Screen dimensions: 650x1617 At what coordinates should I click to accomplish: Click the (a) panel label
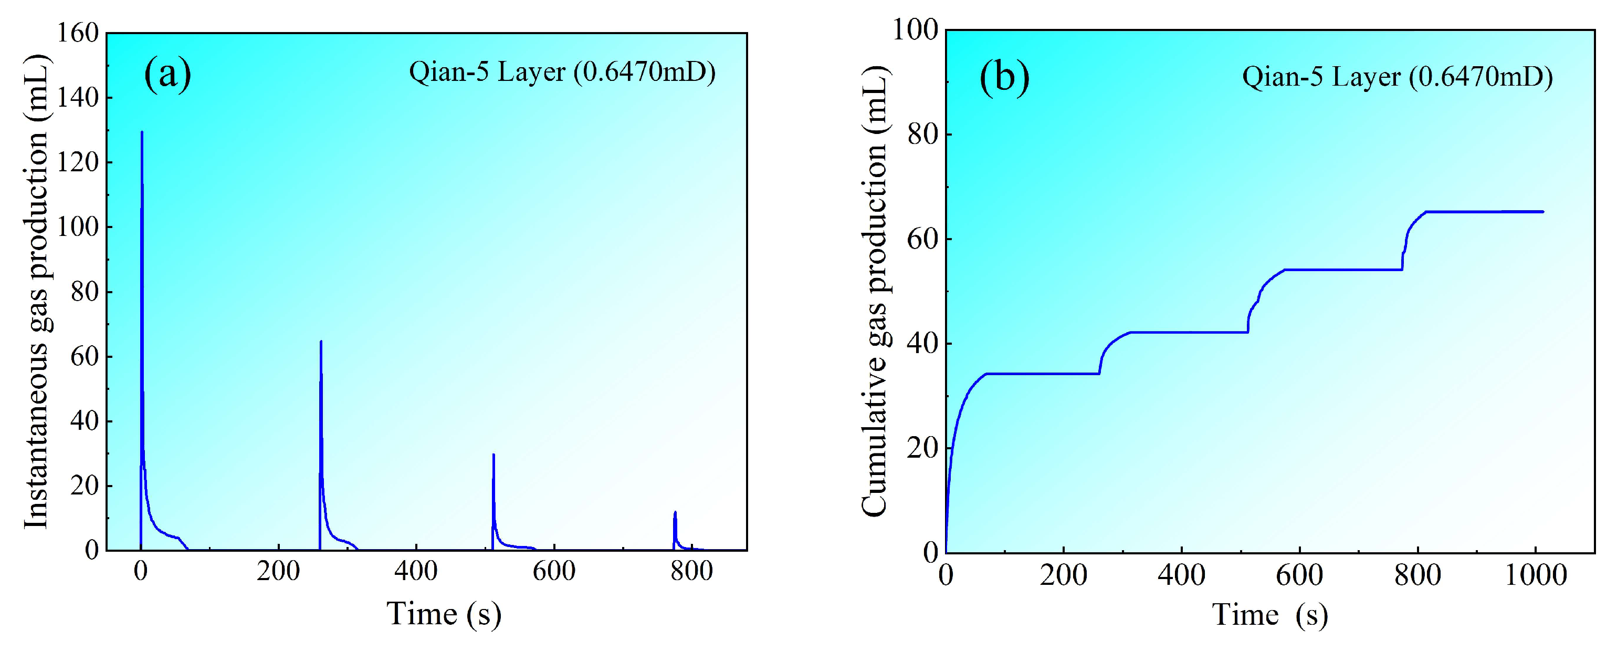point(167,74)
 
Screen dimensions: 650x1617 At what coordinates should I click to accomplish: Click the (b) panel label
point(1004,78)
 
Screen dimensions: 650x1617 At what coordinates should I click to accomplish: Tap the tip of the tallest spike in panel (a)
point(142,132)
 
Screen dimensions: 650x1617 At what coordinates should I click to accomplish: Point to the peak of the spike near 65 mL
point(321,342)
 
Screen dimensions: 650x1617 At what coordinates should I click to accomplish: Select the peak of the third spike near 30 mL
point(493,455)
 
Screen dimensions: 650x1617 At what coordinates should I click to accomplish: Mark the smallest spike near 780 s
point(675,512)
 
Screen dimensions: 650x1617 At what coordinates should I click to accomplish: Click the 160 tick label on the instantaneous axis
point(78,33)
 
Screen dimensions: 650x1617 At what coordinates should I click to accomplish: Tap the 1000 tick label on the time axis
point(1536,575)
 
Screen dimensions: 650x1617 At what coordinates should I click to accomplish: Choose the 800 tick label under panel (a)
point(691,572)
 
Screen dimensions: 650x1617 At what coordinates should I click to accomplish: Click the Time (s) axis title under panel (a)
point(443,614)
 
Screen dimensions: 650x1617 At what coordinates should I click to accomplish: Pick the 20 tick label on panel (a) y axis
point(85,486)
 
